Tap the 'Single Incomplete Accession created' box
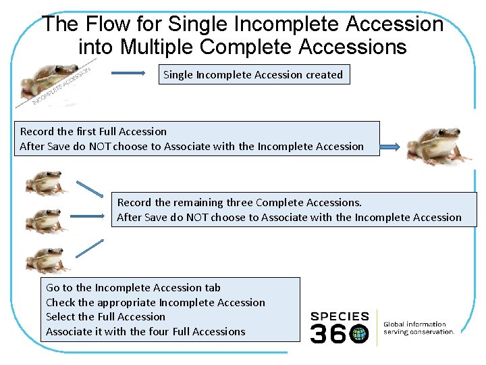tap(253, 74)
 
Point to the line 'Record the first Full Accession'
tap(93, 131)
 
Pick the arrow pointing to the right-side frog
tap(391, 146)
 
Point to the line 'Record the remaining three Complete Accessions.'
tap(240, 202)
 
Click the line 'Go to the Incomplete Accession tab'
tap(133, 287)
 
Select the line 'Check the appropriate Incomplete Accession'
tap(155, 302)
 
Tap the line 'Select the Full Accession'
tap(105, 316)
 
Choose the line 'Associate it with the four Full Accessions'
tap(145, 331)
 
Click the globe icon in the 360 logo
tap(360, 333)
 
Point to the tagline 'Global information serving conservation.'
tap(418, 328)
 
